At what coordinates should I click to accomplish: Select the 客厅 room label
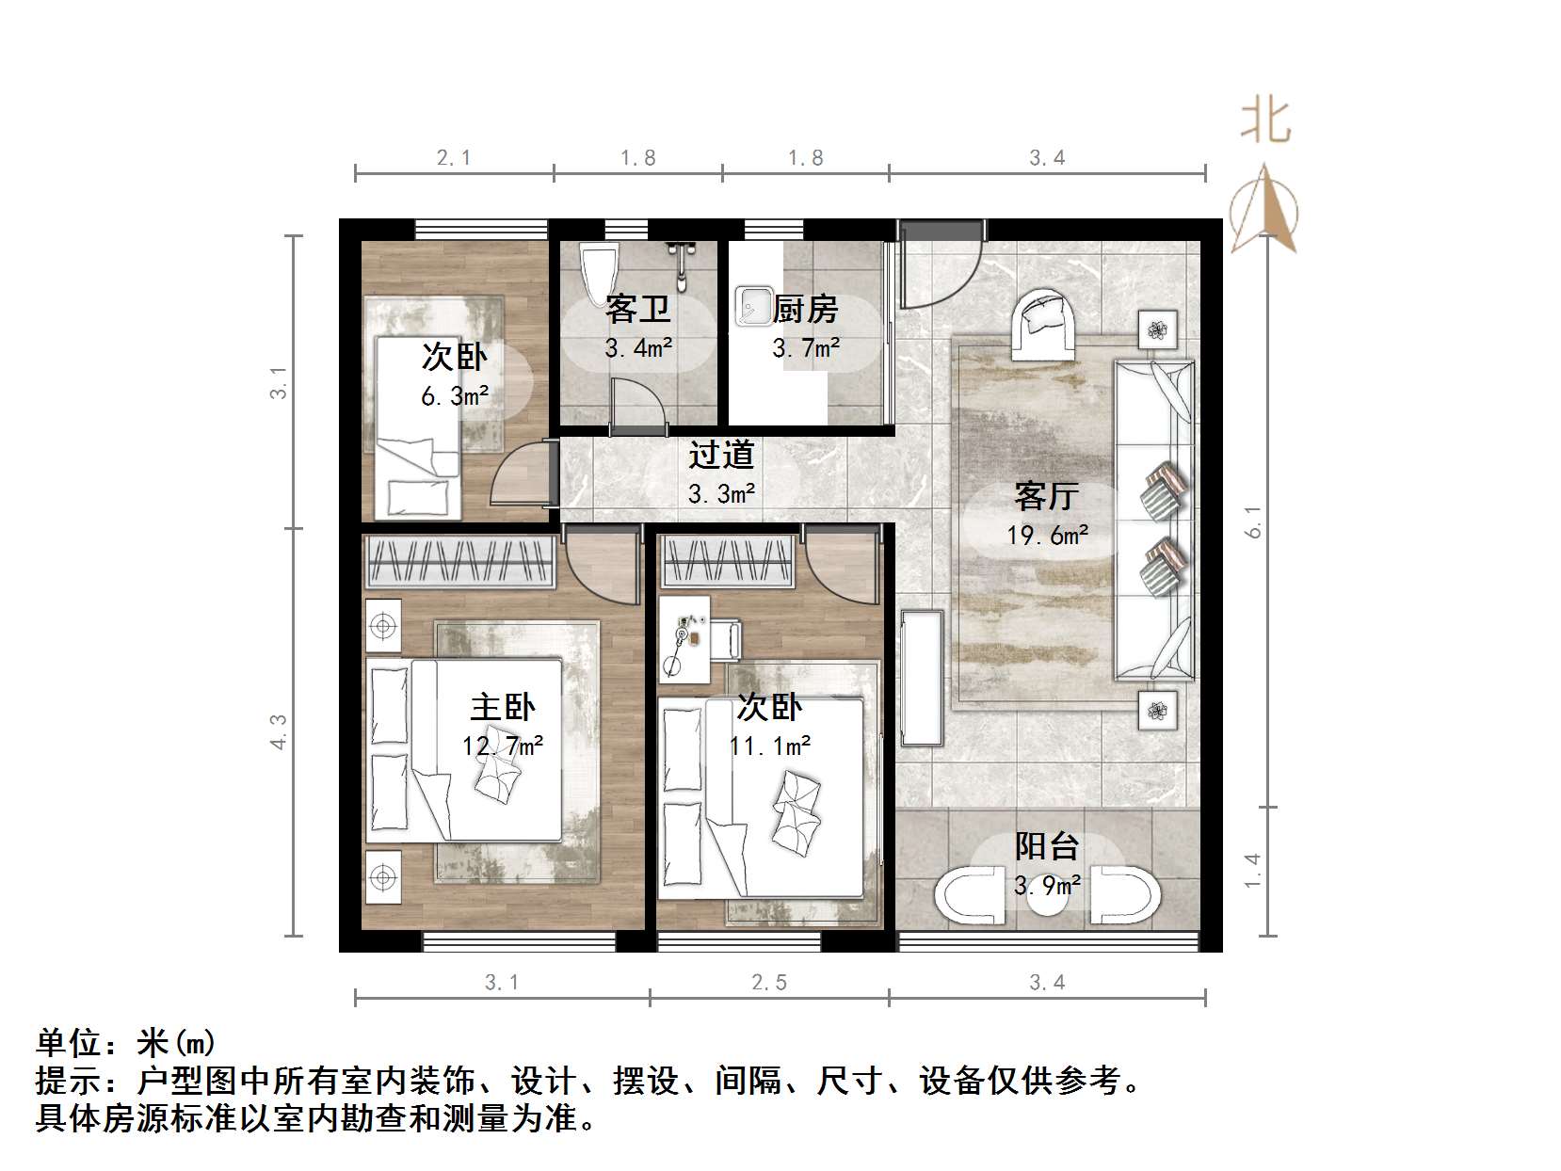click(x=1046, y=495)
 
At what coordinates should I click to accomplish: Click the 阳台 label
click(x=1046, y=846)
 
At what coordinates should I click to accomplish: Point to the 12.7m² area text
click(x=503, y=746)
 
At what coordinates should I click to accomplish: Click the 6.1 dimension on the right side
click(x=1252, y=521)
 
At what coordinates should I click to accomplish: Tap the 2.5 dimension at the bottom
click(x=768, y=983)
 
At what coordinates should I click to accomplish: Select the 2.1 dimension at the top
click(x=454, y=158)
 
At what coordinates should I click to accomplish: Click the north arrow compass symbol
click(x=1263, y=209)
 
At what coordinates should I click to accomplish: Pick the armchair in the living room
click(x=1044, y=326)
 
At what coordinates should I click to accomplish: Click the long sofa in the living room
click(x=1154, y=518)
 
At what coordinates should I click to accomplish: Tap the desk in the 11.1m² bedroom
click(x=685, y=638)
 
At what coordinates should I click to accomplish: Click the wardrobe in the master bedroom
click(x=459, y=562)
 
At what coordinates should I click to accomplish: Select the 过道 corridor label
click(x=721, y=455)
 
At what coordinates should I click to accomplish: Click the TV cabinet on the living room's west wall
click(x=921, y=678)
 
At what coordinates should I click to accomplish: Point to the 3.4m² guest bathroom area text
click(x=638, y=348)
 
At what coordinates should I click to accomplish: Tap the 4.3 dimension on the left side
click(x=279, y=731)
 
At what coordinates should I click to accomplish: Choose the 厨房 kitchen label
click(x=805, y=309)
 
